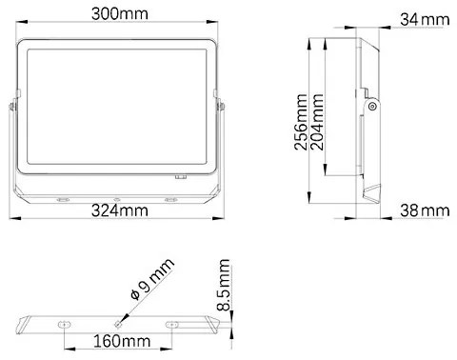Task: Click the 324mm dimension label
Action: click(117, 210)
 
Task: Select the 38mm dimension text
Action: click(423, 210)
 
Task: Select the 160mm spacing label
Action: click(119, 340)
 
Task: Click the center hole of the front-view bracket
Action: click(116, 199)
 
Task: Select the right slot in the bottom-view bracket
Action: click(173, 324)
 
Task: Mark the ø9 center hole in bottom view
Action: click(119, 322)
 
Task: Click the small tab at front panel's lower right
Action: click(180, 176)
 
